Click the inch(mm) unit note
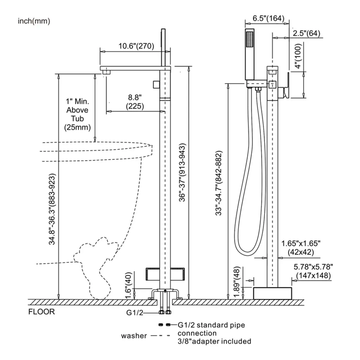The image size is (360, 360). (34, 21)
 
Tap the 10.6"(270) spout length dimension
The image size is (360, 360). (136, 46)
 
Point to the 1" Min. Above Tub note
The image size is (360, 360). (77, 114)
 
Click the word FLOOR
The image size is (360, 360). (41, 312)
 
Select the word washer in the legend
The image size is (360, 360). (134, 336)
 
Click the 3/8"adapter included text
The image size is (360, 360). (214, 341)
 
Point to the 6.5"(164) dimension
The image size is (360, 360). (269, 19)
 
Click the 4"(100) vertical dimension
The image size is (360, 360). (298, 57)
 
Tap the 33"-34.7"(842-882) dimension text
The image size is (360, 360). (219, 183)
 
